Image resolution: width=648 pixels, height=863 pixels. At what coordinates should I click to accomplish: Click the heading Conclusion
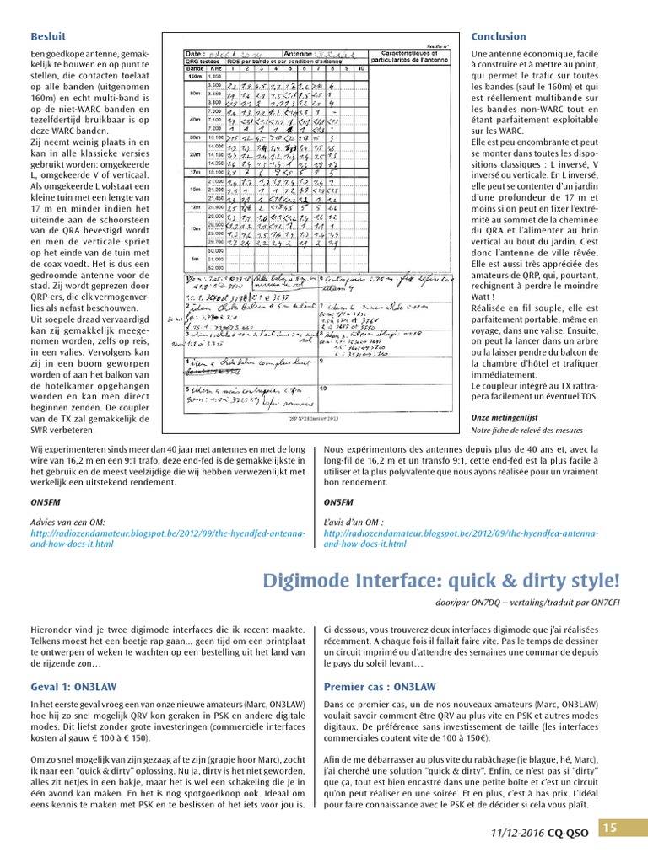tap(498, 36)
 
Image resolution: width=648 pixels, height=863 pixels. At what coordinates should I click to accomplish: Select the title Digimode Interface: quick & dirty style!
tap(440, 581)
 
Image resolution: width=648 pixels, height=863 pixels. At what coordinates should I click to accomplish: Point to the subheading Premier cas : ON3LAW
tap(380, 687)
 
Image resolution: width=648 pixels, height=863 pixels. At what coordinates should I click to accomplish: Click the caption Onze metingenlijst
tap(505, 417)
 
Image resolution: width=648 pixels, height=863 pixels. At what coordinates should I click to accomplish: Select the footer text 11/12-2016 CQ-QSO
tap(540, 832)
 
